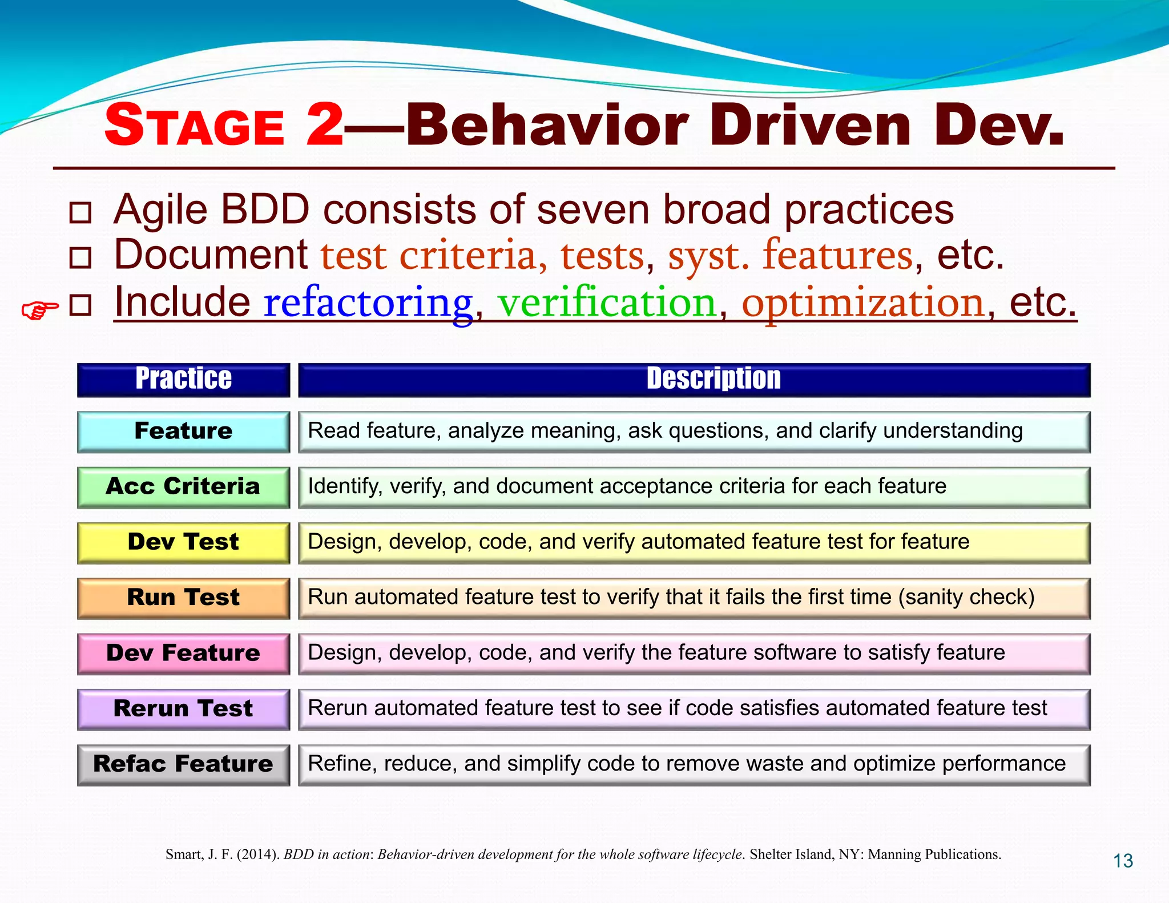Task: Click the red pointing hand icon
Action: [x=39, y=310]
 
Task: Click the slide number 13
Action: [x=1123, y=861]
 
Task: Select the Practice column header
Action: [x=183, y=380]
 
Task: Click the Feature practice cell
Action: [x=183, y=432]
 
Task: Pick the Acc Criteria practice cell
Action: [x=183, y=487]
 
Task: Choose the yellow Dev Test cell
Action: [x=183, y=542]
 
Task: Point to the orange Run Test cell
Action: [x=183, y=598]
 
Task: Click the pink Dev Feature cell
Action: [x=183, y=653]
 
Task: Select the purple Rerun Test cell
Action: [x=183, y=709]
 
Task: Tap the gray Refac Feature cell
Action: [x=183, y=764]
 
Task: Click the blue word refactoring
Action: [x=368, y=303]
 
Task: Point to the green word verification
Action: [x=606, y=303]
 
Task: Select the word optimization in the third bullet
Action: [x=862, y=303]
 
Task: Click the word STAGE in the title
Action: [x=195, y=126]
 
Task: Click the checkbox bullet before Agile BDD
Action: [x=80, y=212]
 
